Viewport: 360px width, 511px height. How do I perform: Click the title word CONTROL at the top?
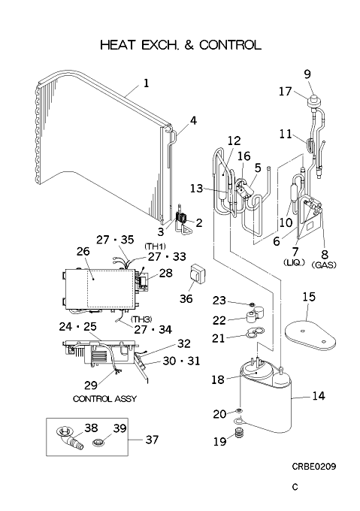[x=230, y=45]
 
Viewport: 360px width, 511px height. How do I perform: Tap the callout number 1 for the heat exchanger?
[x=147, y=83]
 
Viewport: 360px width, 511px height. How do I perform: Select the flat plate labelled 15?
[x=310, y=337]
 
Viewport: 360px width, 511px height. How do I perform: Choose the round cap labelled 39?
[x=98, y=443]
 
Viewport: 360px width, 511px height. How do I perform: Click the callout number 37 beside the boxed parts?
[x=152, y=440]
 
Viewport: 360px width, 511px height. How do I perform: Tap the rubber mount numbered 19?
[x=240, y=434]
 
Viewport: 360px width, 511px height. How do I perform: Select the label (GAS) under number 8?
[x=324, y=265]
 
